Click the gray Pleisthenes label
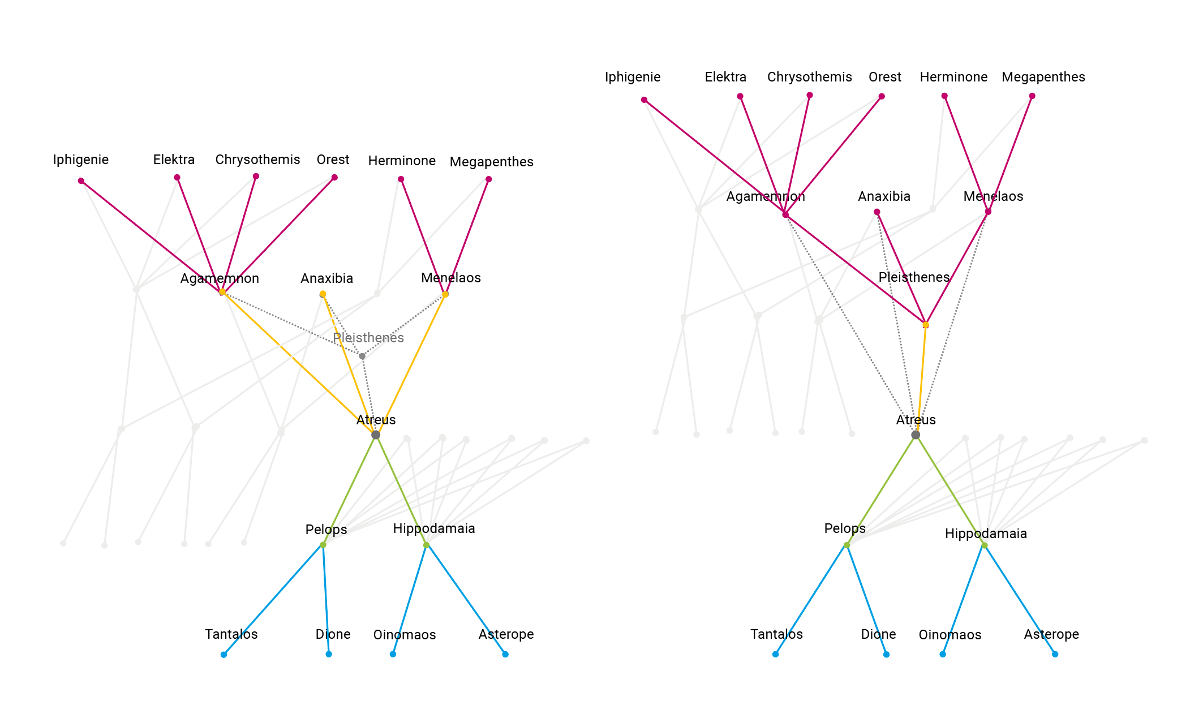click(x=368, y=338)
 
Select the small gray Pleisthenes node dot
click(x=362, y=356)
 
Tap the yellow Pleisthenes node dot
click(x=926, y=325)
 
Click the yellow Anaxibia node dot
click(x=323, y=294)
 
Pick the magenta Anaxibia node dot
click(x=877, y=212)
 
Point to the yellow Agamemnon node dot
click(x=222, y=292)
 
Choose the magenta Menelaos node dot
click(x=988, y=212)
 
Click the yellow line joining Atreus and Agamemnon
click(x=299, y=363)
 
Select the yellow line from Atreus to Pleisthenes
click(x=921, y=380)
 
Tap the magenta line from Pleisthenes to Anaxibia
click(x=901, y=268)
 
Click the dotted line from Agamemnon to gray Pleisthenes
click(x=292, y=324)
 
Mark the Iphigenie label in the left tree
click(x=81, y=160)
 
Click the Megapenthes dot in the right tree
click(x=1032, y=96)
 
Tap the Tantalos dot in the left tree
click(x=224, y=655)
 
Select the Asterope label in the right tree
click(x=1051, y=634)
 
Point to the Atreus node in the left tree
click(x=376, y=435)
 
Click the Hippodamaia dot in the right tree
click(x=985, y=545)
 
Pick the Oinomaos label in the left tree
click(x=405, y=635)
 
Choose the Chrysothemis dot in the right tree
click(x=810, y=95)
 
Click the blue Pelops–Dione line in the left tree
click(x=326, y=600)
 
